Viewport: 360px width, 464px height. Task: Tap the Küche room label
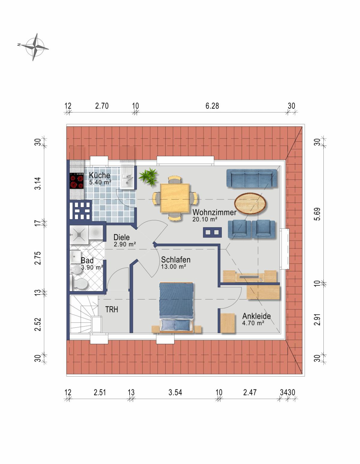100,175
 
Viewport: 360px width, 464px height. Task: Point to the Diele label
121,237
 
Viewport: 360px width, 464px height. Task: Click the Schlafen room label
175,260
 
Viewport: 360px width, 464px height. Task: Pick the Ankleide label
256,316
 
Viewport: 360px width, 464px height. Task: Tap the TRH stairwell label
112,309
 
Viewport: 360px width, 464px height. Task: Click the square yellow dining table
175,198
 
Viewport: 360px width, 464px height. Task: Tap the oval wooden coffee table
250,203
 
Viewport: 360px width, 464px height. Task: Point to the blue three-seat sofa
252,179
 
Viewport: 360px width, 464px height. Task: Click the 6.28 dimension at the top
212,106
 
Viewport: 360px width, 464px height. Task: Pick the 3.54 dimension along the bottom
175,392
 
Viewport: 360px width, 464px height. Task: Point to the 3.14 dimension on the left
38,183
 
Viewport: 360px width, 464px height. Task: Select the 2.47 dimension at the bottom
250,392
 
